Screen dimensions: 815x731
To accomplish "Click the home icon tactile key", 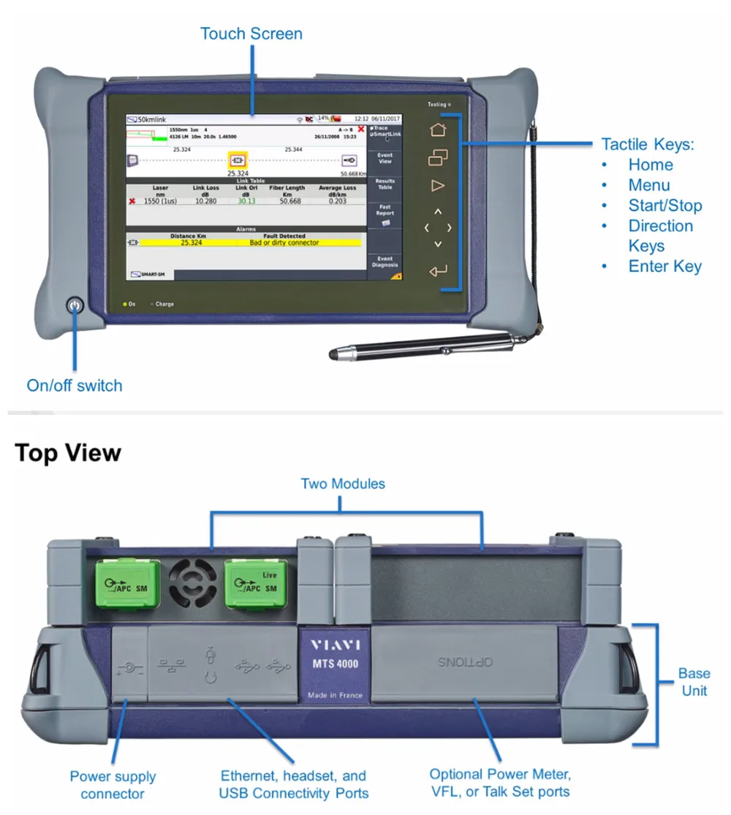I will point(438,129).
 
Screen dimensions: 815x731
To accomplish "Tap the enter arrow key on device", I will point(438,271).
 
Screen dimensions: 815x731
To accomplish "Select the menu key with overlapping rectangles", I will point(438,157).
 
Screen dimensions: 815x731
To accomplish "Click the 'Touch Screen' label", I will point(251,34).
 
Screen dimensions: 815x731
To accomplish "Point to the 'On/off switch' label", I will point(75,386).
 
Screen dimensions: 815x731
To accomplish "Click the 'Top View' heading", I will point(68,453).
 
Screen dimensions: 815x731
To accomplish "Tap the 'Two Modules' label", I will point(343,484).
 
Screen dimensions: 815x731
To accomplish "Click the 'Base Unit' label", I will point(694,682).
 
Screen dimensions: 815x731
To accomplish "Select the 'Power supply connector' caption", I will point(113,785).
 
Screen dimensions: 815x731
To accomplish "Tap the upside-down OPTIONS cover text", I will point(466,662).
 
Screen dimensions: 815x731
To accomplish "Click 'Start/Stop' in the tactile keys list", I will point(664,206).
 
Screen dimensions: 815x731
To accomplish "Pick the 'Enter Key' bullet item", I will point(664,266).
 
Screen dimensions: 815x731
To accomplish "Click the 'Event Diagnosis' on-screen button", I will point(385,262).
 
